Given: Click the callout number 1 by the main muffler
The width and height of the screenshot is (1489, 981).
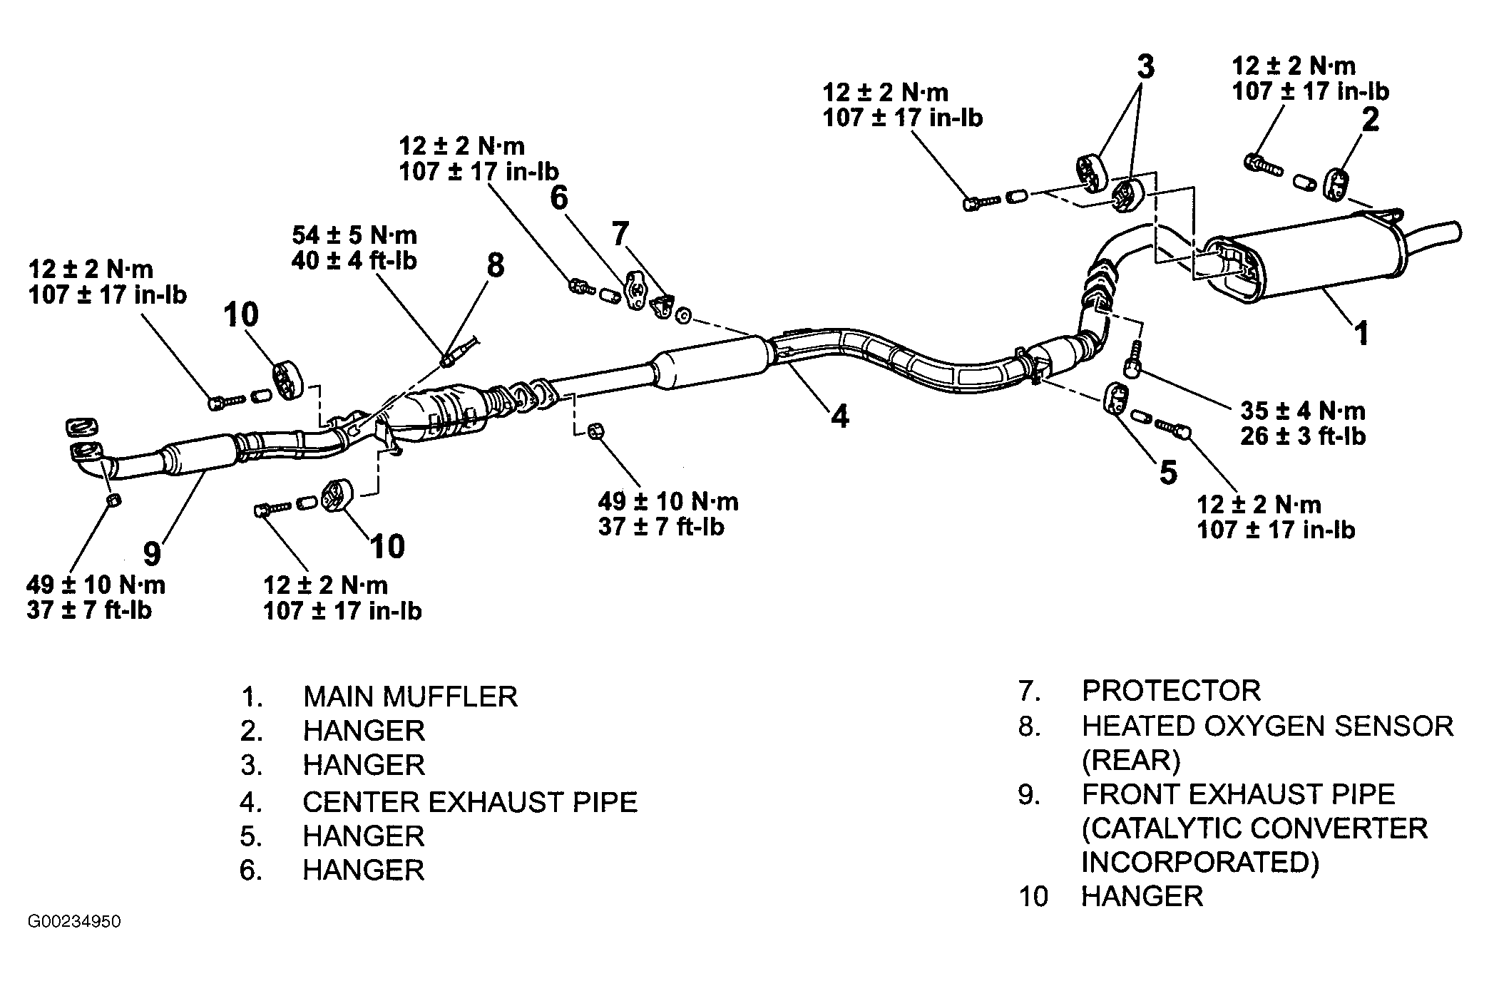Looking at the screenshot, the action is tap(1361, 333).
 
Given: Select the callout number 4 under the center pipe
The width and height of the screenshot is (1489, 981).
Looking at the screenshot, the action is tap(841, 416).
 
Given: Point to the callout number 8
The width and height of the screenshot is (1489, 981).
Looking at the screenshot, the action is tap(495, 266).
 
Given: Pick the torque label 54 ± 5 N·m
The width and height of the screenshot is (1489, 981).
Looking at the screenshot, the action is tap(354, 235).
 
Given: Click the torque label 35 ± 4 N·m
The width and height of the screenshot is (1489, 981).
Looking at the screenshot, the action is tap(1303, 411).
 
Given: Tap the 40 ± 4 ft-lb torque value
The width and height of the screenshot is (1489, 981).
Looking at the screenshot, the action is tap(354, 260).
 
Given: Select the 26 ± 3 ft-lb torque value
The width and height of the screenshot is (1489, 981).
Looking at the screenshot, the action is tap(1303, 436).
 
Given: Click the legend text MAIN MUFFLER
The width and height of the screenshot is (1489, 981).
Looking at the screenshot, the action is tap(410, 697).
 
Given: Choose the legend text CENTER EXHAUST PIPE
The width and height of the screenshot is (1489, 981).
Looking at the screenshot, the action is tap(470, 802).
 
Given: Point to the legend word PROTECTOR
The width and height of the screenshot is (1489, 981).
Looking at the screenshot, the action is tap(1171, 691).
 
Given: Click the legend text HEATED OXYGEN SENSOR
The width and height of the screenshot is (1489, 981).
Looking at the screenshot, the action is tap(1267, 726).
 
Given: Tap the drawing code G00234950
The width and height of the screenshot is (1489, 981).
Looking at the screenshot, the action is tap(75, 922).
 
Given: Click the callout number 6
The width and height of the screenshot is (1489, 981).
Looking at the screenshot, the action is tap(559, 198).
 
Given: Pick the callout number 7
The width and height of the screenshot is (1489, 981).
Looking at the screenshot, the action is tap(620, 233).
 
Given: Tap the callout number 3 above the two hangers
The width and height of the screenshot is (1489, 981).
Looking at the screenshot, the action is tap(1145, 67).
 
